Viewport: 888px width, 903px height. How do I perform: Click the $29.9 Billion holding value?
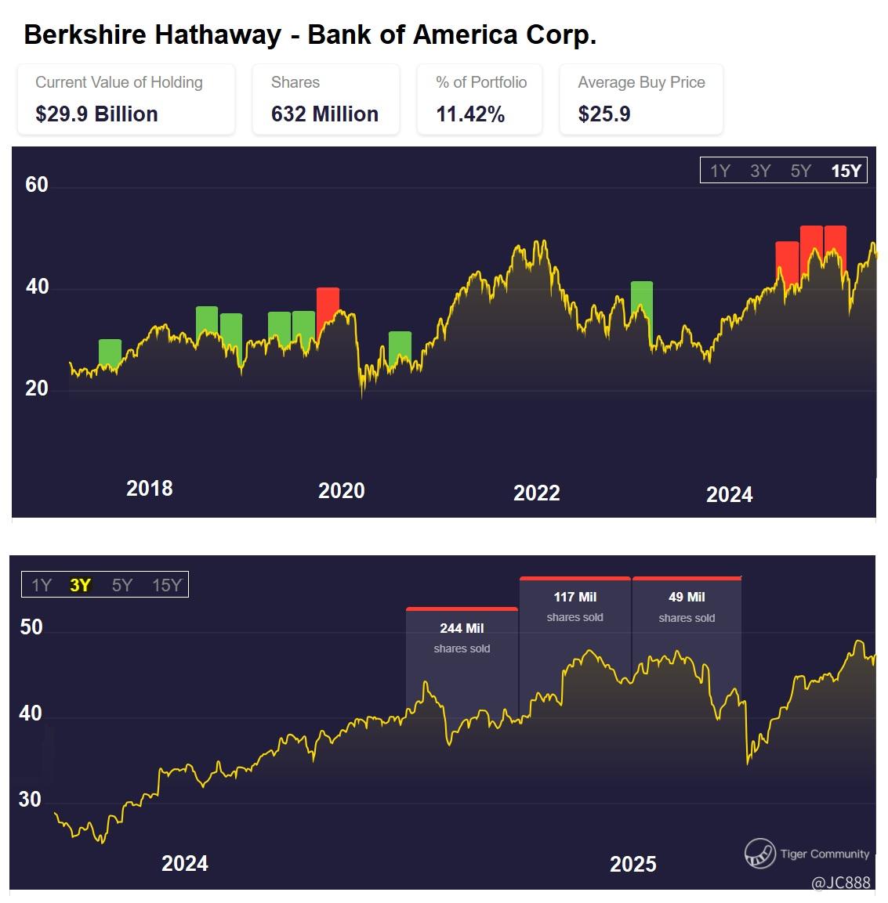click(96, 114)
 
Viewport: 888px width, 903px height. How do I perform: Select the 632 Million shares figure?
click(324, 114)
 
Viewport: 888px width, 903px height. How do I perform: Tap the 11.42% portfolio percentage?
click(470, 114)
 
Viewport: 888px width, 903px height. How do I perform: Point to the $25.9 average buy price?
click(604, 114)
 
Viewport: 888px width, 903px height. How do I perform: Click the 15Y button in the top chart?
click(846, 171)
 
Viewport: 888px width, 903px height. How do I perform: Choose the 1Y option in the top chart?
click(720, 171)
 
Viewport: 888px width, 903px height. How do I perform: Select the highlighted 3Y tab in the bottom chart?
click(80, 585)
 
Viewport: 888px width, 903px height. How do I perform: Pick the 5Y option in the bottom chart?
click(122, 585)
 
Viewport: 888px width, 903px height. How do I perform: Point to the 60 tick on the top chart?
click(37, 185)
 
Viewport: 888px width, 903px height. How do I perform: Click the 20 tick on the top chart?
click(37, 388)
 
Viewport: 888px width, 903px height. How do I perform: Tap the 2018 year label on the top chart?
click(149, 489)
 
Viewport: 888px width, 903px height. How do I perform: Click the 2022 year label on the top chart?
click(537, 493)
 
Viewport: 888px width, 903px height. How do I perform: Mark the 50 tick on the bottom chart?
click(31, 628)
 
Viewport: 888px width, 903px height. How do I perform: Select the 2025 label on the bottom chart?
click(632, 864)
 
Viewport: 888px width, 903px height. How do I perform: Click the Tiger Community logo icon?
click(759, 854)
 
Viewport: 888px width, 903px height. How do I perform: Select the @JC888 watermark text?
click(840, 883)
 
